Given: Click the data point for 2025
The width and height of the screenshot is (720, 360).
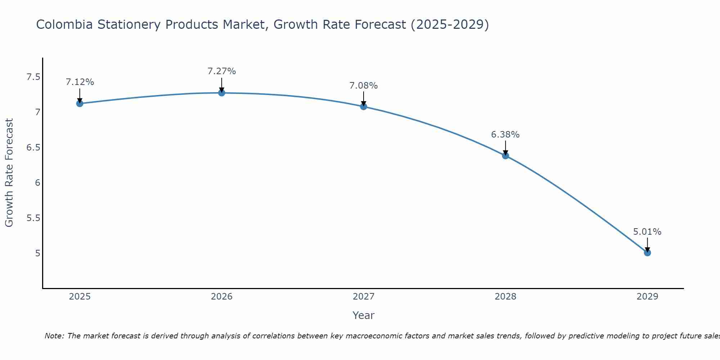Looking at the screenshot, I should (80, 104).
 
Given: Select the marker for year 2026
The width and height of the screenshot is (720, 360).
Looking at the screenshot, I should (222, 93).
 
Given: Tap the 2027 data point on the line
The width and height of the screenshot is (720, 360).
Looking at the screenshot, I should (364, 107).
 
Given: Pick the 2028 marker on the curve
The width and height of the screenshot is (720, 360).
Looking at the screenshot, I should (505, 156).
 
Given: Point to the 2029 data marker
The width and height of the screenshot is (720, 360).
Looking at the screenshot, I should (647, 253).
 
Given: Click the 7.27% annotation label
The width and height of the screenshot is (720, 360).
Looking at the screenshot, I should (222, 71).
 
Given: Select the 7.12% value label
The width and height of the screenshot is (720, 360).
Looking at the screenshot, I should (80, 82).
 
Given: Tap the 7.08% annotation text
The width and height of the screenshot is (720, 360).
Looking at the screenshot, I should (364, 86).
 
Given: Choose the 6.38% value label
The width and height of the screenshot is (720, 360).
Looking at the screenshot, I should (505, 135).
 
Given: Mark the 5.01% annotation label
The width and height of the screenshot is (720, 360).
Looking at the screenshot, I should (647, 232).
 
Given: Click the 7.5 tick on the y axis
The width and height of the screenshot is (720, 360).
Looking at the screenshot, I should (33, 77).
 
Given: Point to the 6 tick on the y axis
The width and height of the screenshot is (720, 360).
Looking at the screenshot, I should (37, 183).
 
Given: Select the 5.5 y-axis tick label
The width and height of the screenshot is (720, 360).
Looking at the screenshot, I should (33, 218).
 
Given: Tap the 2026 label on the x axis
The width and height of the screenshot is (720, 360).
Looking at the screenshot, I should (222, 297).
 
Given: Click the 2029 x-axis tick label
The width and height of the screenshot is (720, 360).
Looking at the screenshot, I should (647, 297).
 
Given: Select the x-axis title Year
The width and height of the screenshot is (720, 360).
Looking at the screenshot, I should (364, 315).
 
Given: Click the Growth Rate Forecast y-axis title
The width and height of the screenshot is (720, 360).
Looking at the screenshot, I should (9, 173).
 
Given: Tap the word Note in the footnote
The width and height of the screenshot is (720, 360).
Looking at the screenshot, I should (54, 336).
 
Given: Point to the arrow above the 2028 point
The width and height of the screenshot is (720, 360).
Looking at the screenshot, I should (505, 148).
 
